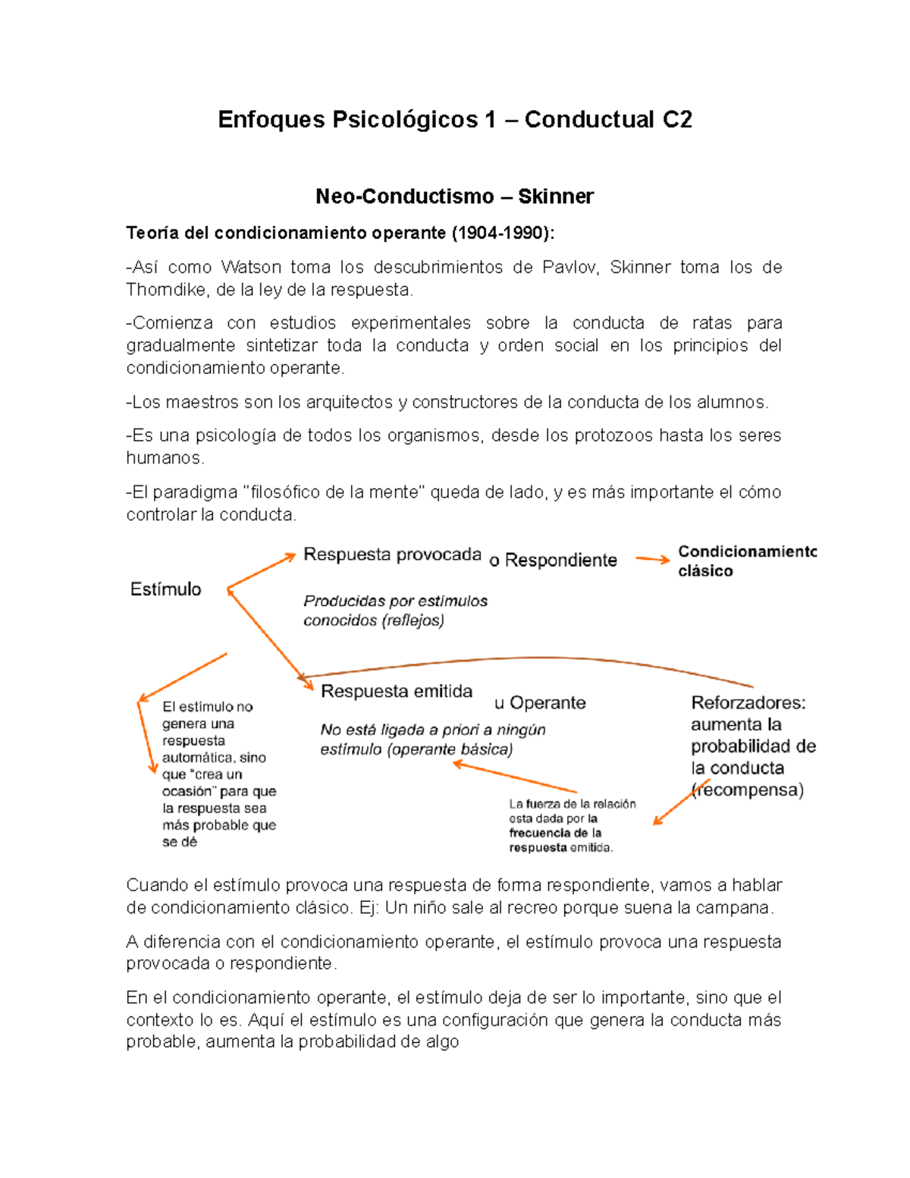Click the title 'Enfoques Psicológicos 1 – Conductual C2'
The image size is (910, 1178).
(x=454, y=120)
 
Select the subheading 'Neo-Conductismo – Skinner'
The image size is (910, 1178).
(x=454, y=196)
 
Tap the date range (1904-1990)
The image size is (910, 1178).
(x=501, y=233)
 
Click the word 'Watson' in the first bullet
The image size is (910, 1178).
(x=251, y=267)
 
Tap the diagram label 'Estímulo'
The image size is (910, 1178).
(x=165, y=589)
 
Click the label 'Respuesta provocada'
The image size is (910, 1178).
(x=392, y=554)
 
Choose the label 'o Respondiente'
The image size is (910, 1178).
(x=553, y=561)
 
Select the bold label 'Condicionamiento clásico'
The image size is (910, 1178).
(x=746, y=561)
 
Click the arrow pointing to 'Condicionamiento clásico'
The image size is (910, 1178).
(x=652, y=560)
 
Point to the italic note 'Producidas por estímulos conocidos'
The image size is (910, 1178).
(x=395, y=611)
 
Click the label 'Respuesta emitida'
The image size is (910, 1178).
(x=397, y=691)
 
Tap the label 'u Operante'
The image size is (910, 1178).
(x=540, y=703)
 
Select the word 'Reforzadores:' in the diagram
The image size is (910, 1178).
(x=748, y=702)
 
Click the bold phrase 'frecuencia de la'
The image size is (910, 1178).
(x=555, y=833)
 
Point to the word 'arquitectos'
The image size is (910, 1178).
(x=349, y=402)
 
